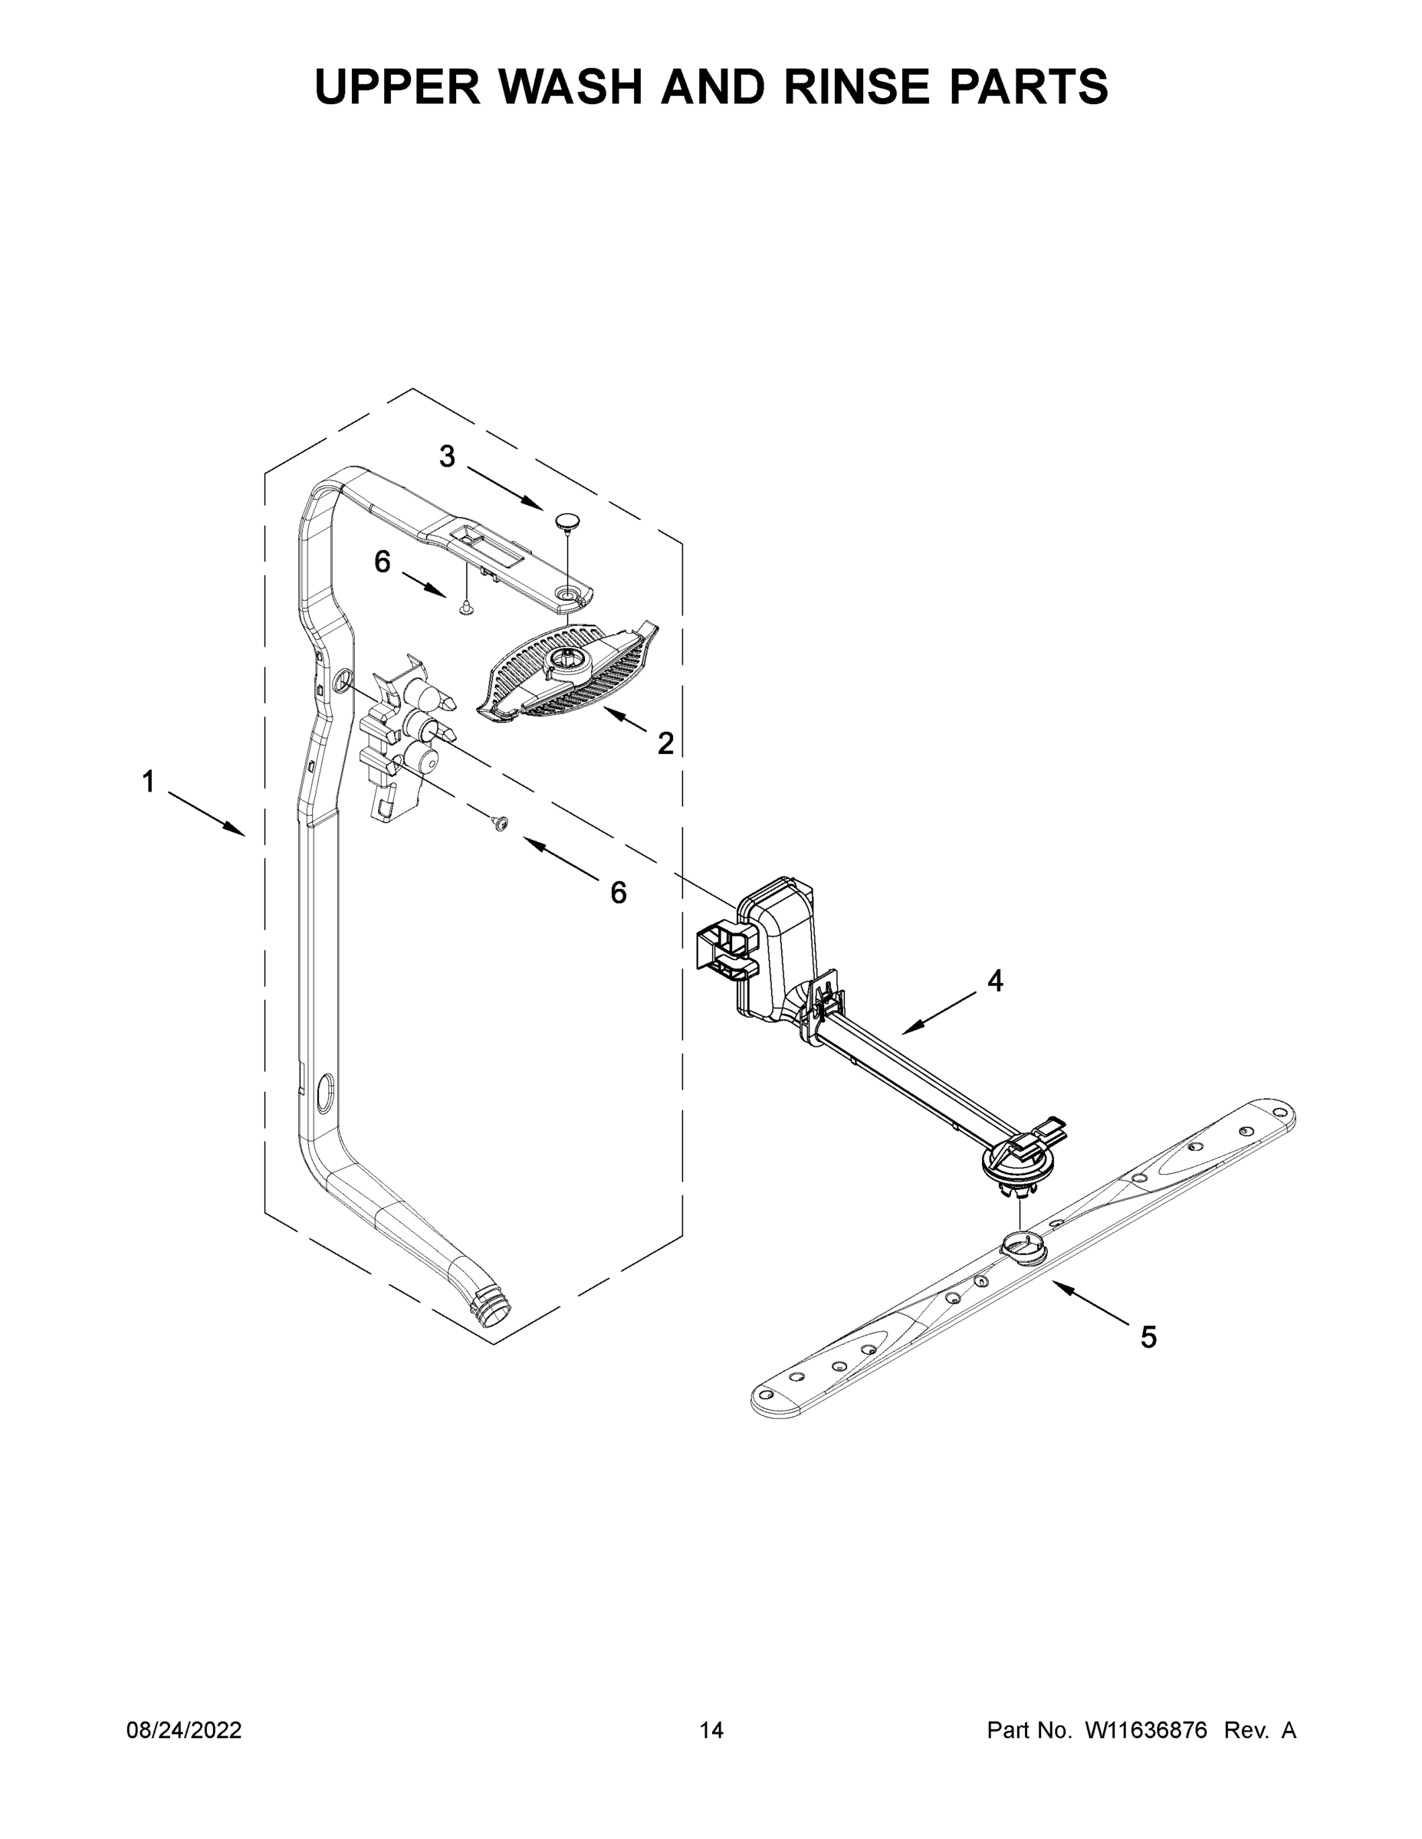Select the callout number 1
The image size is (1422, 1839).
click(x=148, y=782)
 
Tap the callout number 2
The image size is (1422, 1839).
click(x=665, y=742)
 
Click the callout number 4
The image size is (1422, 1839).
click(x=995, y=981)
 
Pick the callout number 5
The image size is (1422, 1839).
click(x=1148, y=1336)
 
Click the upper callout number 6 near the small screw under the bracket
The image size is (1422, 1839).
click(x=383, y=562)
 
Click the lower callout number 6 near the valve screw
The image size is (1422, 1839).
click(x=619, y=893)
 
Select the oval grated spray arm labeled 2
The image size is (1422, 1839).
click(x=566, y=674)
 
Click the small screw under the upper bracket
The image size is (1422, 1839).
click(x=465, y=606)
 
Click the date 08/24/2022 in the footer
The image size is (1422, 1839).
click(x=184, y=1730)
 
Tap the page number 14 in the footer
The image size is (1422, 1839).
click(x=711, y=1730)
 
